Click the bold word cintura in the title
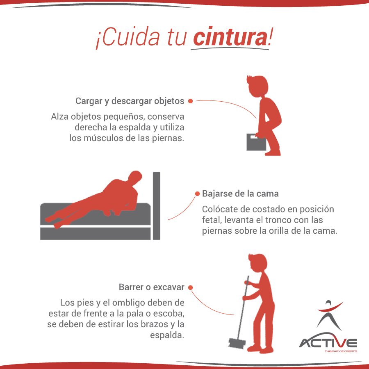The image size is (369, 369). [229, 38]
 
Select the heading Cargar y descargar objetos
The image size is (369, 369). [130, 101]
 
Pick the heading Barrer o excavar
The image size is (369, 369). [151, 287]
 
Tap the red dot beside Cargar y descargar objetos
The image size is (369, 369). [190, 101]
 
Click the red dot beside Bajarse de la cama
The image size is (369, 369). [197, 193]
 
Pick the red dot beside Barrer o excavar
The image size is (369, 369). [190, 287]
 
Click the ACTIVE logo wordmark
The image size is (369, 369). [328, 343]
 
